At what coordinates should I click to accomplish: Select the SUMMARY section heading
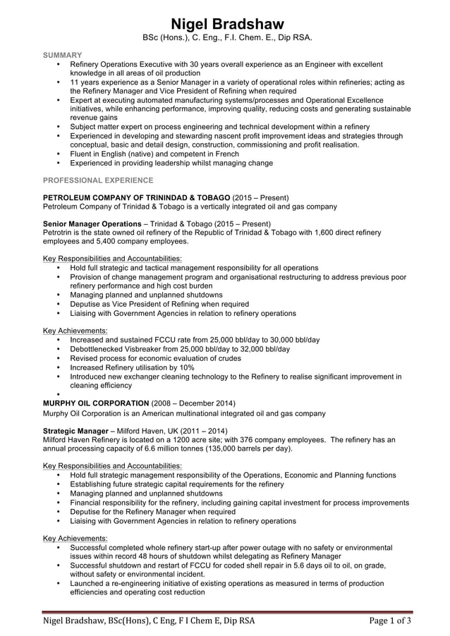pos(62,54)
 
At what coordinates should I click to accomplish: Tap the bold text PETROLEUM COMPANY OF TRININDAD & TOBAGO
pos(136,197)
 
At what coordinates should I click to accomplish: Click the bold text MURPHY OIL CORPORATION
pos(96,403)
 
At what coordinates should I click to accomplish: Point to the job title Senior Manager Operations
pos(92,224)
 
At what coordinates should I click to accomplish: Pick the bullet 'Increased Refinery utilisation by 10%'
pos(132,367)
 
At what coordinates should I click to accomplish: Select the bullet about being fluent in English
pos(154,154)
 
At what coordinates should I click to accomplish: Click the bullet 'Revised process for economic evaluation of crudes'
pos(155,358)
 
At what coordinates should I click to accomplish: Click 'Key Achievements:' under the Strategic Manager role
pos(75,538)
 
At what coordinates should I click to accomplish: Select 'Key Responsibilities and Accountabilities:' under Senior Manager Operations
pos(112,259)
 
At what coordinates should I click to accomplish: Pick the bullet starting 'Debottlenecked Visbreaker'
pos(180,349)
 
